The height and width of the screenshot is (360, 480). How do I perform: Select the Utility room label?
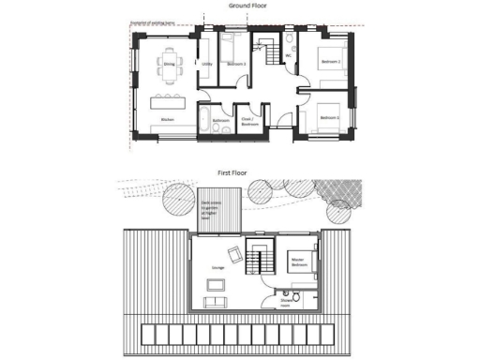(x=207, y=64)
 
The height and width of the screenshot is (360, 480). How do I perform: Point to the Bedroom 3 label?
(x=236, y=64)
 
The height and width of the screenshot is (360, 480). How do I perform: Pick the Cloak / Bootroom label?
(x=249, y=121)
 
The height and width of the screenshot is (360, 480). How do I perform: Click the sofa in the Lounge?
(x=215, y=300)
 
